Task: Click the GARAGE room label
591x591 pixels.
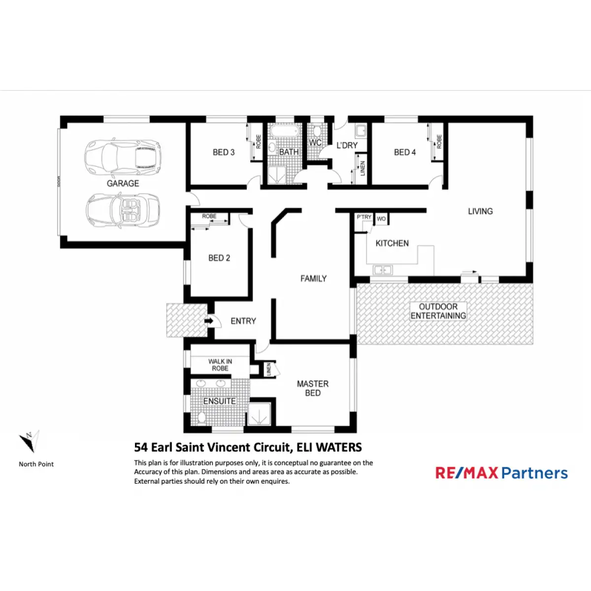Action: coord(123,183)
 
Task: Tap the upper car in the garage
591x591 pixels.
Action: coord(123,157)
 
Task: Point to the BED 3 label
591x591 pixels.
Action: coord(224,152)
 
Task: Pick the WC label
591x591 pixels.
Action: coord(315,143)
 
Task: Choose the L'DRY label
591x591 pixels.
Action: coord(347,145)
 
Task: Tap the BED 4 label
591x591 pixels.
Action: coord(405,152)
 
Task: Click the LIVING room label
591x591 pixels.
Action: coord(480,211)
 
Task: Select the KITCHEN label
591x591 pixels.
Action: coord(392,243)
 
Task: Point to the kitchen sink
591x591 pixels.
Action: coord(382,270)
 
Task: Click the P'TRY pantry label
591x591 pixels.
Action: coord(364,217)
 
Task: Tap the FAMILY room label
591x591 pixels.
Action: coord(314,279)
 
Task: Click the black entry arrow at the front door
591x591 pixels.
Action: coord(208,321)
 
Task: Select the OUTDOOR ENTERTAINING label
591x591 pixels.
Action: coord(438,311)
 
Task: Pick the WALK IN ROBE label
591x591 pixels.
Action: coord(220,365)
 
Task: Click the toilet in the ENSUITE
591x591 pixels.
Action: coord(201,418)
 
